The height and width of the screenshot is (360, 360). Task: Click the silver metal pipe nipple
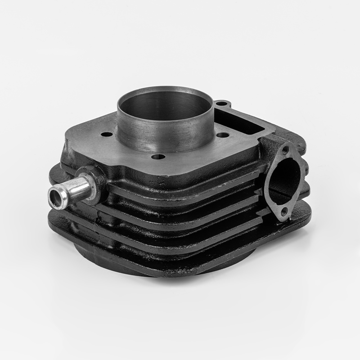pos(72,188)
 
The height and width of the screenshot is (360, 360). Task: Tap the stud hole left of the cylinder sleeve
pos(106,134)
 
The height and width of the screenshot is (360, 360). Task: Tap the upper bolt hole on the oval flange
pos(284,151)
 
